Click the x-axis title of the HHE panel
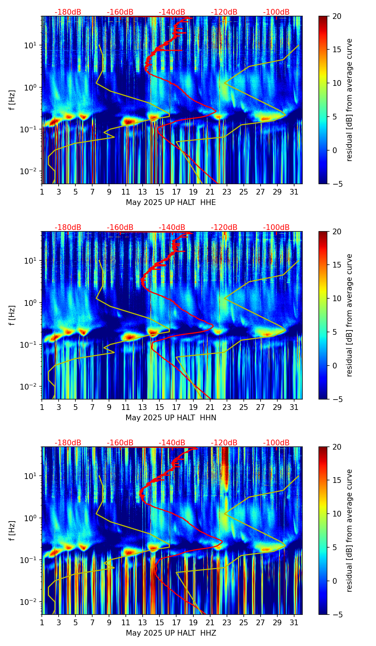click(170, 202)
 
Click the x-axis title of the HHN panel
click(170, 418)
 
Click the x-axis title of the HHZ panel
click(170, 633)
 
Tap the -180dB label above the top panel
click(68, 12)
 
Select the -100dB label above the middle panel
click(276, 227)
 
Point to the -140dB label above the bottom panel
click(172, 443)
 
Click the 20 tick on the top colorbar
click(337, 16)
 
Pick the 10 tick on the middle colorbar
click(337, 298)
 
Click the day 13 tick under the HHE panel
click(143, 192)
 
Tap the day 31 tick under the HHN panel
click(294, 407)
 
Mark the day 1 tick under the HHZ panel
click(42, 623)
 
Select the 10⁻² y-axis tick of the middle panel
click(28, 387)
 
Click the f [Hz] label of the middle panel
click(13, 315)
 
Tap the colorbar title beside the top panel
click(350, 100)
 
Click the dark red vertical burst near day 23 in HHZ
click(225, 469)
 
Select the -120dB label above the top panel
click(224, 12)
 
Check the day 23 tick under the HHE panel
click(227, 192)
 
